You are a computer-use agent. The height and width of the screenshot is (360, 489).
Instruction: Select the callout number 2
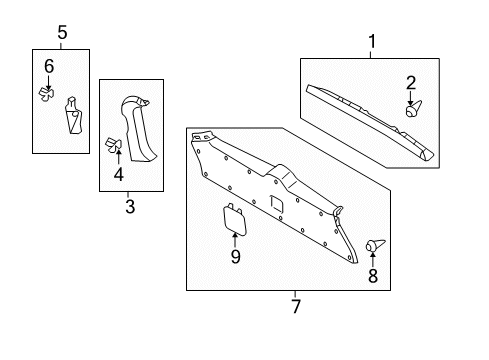[409, 83]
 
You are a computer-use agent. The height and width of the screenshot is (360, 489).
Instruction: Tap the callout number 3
[128, 206]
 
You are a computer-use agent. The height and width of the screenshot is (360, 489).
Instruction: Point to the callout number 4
[118, 176]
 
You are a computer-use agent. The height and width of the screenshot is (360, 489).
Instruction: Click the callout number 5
[62, 33]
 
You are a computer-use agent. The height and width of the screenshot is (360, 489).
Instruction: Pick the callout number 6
[48, 66]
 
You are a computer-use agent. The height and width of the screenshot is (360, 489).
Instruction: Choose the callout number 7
[295, 306]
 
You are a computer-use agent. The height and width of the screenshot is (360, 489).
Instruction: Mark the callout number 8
[374, 277]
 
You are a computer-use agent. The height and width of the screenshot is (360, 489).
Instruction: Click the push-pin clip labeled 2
[412, 110]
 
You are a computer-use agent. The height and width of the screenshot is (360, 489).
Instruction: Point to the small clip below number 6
[46, 93]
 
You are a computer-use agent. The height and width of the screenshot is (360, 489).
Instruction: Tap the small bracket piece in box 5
[72, 116]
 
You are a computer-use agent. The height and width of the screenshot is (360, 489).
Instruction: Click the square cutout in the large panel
[276, 203]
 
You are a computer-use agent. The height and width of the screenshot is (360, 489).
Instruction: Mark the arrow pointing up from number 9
[235, 239]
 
